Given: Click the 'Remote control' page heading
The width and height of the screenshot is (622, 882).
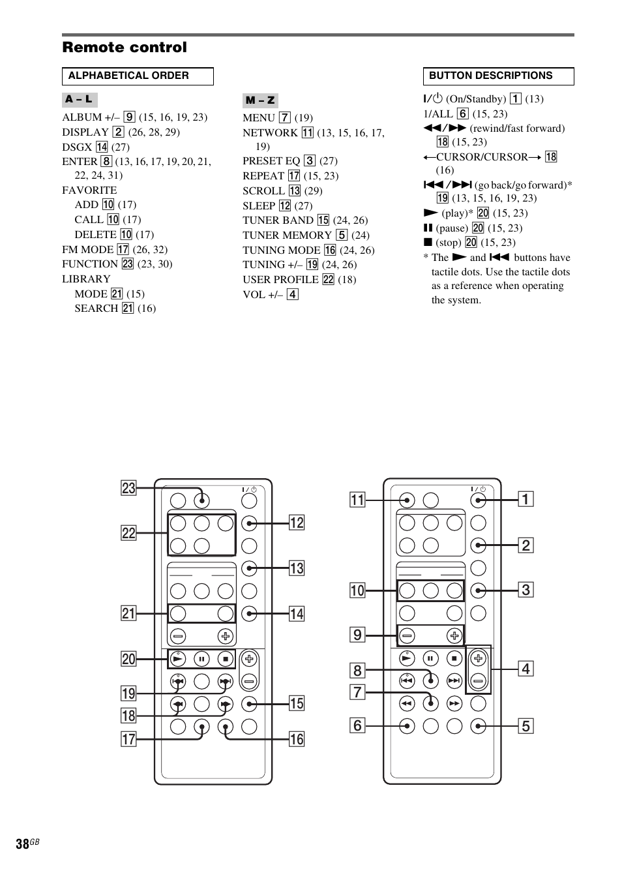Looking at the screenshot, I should (125, 48).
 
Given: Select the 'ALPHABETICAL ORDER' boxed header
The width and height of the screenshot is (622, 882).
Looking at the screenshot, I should (138, 76).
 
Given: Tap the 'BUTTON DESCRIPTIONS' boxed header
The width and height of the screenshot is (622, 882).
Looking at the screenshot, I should (498, 76).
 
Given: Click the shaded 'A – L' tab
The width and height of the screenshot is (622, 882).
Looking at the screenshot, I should (80, 100).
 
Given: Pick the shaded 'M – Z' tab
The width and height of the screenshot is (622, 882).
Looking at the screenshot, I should (260, 100).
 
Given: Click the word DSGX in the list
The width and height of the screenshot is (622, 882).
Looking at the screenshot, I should (77, 147).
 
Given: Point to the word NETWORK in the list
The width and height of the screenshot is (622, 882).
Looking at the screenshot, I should (270, 132).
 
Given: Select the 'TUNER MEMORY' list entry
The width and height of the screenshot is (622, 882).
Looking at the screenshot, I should (287, 235).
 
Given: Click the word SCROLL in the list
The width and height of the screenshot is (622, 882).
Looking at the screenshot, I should (263, 190).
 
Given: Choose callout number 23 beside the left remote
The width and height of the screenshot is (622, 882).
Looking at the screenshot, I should (128, 488).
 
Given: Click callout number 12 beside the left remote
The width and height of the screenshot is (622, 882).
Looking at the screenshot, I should (297, 523).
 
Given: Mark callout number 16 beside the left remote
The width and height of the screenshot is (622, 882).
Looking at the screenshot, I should (297, 739).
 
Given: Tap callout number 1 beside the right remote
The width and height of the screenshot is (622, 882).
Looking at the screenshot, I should (526, 500).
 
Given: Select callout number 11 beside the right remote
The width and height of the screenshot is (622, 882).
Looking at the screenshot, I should (357, 500).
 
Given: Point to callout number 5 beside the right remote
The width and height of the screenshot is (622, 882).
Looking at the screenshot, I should (526, 725).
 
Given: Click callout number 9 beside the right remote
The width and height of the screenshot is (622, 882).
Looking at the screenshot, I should (357, 635).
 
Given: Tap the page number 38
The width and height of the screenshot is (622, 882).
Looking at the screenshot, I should (23, 844).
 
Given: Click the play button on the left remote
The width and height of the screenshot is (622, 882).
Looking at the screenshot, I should (178, 658).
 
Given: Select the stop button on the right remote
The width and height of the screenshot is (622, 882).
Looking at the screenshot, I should (454, 658).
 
